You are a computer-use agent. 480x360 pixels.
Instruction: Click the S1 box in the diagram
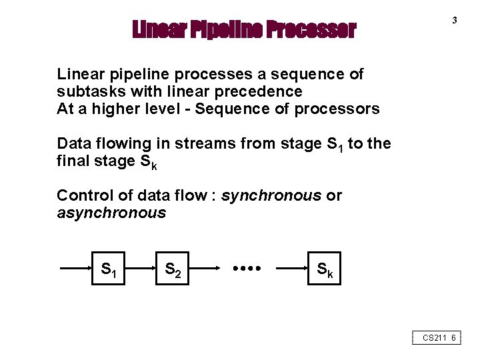(107, 269)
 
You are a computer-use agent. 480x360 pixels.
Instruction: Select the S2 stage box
(172, 269)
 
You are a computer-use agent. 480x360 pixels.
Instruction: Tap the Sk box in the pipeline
(324, 269)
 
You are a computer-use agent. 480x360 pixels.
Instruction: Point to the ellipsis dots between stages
(247, 269)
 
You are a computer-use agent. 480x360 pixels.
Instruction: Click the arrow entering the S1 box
(75, 269)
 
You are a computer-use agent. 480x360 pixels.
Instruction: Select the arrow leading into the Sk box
(291, 269)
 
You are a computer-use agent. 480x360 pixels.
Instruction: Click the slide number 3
(455, 21)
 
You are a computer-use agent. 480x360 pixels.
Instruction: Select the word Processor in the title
(311, 30)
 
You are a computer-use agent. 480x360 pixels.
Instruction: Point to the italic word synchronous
(271, 195)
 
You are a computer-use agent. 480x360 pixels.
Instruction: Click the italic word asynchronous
(111, 213)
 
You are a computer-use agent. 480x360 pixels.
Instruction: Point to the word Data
(73, 143)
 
